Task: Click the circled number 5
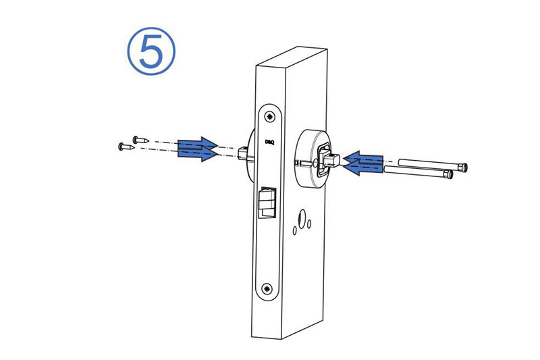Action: [x=151, y=51]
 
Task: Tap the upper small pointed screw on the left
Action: [x=140, y=140]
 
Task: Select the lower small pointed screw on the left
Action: [x=126, y=147]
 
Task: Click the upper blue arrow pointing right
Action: [x=198, y=144]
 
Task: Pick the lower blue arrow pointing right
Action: [x=198, y=153]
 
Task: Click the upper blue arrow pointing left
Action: [x=364, y=158]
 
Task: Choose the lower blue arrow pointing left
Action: [x=364, y=168]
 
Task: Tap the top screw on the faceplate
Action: [x=269, y=117]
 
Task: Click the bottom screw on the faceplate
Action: [x=267, y=288]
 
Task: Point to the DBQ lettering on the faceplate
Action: [x=269, y=142]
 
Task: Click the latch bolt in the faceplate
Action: [x=267, y=203]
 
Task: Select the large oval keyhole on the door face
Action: [x=302, y=219]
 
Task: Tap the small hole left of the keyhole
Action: [x=295, y=230]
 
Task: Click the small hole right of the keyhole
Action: [x=309, y=224]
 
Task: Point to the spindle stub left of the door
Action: [x=243, y=153]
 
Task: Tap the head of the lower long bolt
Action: [x=448, y=175]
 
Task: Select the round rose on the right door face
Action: [x=313, y=159]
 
